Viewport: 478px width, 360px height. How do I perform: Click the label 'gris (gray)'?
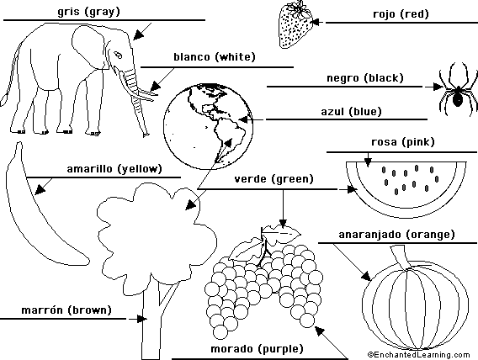(x=88, y=12)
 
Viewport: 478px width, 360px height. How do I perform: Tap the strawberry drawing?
(x=295, y=25)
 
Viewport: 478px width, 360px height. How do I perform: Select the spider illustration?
(x=458, y=89)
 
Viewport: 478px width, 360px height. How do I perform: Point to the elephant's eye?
(x=118, y=56)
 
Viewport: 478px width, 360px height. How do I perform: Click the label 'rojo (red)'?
(x=401, y=14)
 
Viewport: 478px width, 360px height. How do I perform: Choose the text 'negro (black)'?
(x=365, y=78)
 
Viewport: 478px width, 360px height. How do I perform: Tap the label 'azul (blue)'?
(x=351, y=112)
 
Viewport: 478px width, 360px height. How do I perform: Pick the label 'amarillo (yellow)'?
(x=114, y=169)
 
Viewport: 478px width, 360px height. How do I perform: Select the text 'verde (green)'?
(x=274, y=179)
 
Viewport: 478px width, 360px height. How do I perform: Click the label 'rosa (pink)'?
(x=403, y=142)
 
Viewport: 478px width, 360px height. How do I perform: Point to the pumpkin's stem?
(x=401, y=257)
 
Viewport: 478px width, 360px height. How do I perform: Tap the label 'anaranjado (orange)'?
(x=396, y=235)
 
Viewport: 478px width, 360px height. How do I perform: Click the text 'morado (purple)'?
(x=257, y=349)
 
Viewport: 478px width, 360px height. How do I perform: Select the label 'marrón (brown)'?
(x=66, y=310)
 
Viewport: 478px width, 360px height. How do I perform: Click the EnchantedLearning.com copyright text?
(x=418, y=355)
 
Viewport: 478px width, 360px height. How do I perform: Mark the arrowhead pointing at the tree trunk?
(x=141, y=319)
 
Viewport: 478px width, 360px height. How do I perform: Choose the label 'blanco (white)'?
(x=215, y=57)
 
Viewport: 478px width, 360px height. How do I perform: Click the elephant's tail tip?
(x=4, y=100)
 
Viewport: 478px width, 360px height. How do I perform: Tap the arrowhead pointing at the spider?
(x=438, y=87)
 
